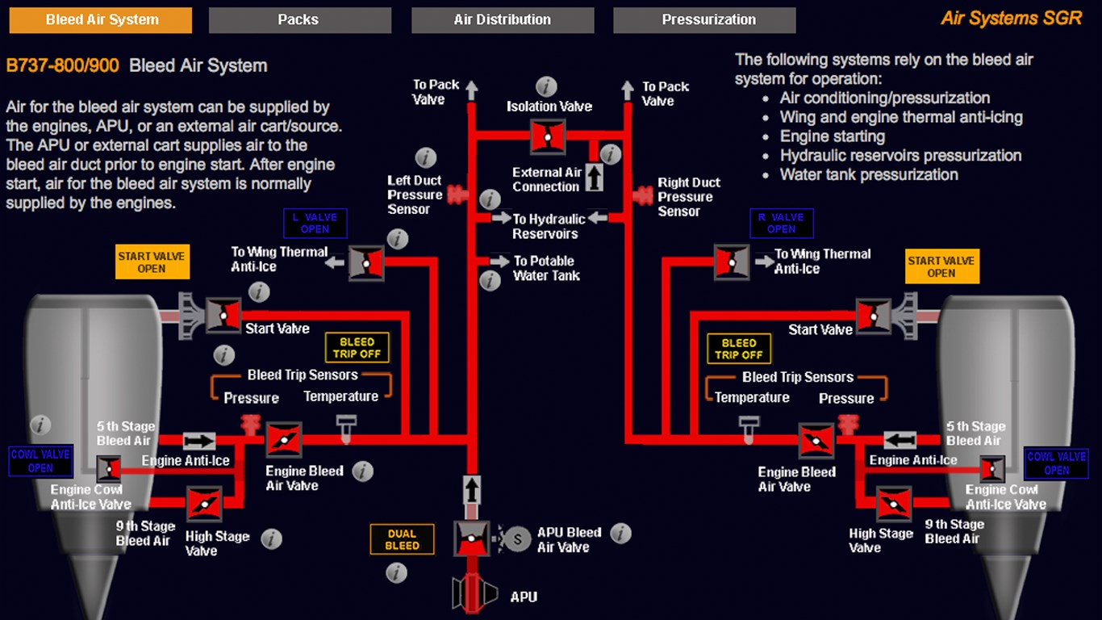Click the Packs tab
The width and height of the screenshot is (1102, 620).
[299, 20]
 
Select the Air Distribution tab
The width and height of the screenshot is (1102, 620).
[503, 20]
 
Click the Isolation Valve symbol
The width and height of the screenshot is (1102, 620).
[548, 136]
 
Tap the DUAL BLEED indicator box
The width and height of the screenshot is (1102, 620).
[402, 539]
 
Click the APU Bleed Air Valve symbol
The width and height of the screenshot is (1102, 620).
[471, 538]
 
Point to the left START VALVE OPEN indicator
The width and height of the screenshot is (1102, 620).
[152, 262]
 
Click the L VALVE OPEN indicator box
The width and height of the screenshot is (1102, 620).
[315, 224]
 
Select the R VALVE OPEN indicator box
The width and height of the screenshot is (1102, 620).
[781, 224]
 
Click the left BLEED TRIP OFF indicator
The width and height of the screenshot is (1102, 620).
[357, 348]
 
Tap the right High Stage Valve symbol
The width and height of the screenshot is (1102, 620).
[894, 504]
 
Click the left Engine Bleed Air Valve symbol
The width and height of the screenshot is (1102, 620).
[284, 440]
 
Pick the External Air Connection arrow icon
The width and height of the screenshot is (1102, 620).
[594, 177]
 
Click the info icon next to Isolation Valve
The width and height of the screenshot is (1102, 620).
[547, 86]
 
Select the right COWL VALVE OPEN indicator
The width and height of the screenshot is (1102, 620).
[1056, 463]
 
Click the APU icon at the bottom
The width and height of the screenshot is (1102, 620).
[471, 594]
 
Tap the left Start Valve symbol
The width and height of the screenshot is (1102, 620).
[223, 316]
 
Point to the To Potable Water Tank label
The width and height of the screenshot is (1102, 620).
[546, 268]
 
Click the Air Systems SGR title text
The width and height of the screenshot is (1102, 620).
[1011, 19]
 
